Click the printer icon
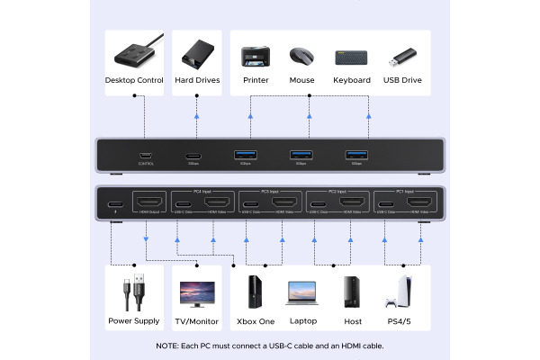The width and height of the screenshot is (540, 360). pyautogui.click(x=255, y=56)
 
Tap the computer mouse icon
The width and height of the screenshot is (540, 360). pyautogui.click(x=302, y=56)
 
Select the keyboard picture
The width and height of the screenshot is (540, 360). pyautogui.click(x=351, y=57)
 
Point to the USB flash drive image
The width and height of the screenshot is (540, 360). pyautogui.click(x=401, y=57)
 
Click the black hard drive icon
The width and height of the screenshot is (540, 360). pyautogui.click(x=195, y=55)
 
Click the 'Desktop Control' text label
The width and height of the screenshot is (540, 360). pyautogui.click(x=134, y=80)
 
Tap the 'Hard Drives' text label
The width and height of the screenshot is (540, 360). pyautogui.click(x=195, y=80)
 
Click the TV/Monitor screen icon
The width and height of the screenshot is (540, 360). pyautogui.click(x=197, y=293)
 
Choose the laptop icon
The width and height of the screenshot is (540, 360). pyautogui.click(x=302, y=293)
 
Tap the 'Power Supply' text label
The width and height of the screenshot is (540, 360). pyautogui.click(x=134, y=320)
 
